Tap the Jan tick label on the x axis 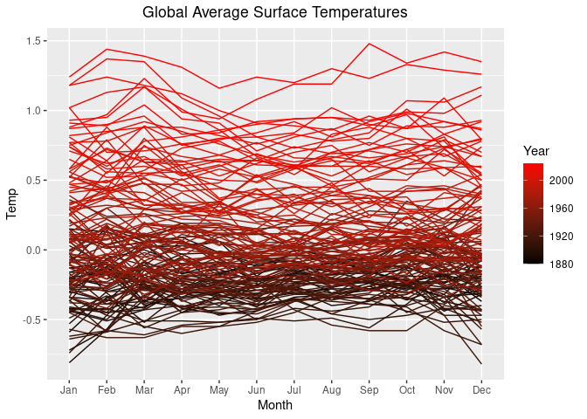click(69, 389)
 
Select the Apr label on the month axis click(182, 389)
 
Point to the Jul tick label click(294, 389)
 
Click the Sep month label click(369, 389)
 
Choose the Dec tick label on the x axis click(481, 389)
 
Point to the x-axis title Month click(274, 406)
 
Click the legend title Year click(536, 149)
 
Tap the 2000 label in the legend click(563, 180)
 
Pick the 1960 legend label click(563, 208)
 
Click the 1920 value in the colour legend click(563, 236)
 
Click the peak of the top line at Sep click(369, 44)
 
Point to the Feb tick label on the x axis click(107, 389)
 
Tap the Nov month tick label click(445, 389)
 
